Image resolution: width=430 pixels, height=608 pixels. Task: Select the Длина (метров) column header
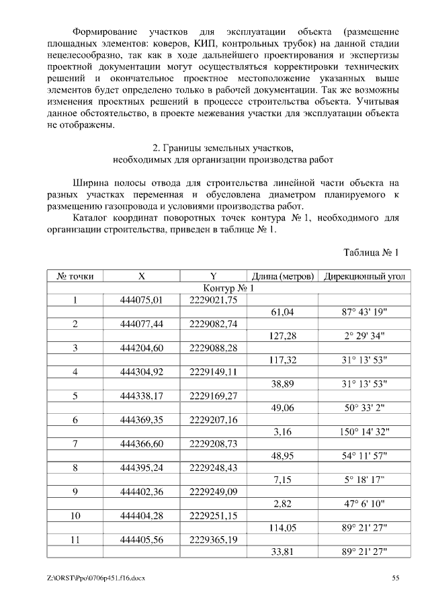click(x=282, y=276)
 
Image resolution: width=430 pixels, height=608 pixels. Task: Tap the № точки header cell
click(x=75, y=276)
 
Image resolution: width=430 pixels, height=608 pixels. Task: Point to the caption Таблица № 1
click(x=371, y=253)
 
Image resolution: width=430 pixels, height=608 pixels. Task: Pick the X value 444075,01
click(x=142, y=300)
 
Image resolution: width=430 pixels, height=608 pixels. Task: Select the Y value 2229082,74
click(x=214, y=324)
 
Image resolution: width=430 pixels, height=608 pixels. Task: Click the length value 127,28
click(x=282, y=336)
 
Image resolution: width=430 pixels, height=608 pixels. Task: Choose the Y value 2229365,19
click(x=214, y=541)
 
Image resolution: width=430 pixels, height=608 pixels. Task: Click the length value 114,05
click(x=282, y=529)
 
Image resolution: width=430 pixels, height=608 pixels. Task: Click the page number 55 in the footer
click(x=396, y=578)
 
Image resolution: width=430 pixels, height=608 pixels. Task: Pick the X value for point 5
click(x=142, y=396)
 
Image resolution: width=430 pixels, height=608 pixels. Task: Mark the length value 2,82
click(x=282, y=505)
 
